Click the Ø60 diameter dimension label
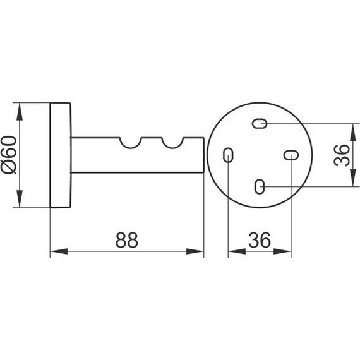9,155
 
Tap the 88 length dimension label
127,240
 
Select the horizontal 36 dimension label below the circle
260,240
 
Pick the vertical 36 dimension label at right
342,155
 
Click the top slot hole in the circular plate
260,124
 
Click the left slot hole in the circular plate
228,155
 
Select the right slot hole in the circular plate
291,155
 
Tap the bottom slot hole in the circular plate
260,186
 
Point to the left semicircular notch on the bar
130,144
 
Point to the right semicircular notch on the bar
172,144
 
